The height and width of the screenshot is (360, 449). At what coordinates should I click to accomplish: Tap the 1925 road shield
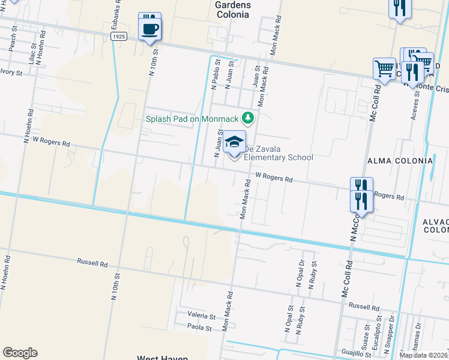click(118, 37)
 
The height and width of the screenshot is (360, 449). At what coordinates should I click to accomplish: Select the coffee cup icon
click(149, 28)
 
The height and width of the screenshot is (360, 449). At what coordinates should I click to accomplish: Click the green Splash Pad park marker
click(246, 118)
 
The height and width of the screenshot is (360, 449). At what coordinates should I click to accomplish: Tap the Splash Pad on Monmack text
click(191, 118)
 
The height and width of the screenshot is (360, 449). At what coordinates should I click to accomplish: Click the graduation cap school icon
click(235, 142)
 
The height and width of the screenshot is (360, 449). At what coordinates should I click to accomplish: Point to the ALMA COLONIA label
click(400, 161)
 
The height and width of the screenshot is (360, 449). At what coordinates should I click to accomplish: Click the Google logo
click(20, 353)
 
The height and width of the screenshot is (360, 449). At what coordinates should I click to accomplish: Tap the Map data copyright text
click(424, 355)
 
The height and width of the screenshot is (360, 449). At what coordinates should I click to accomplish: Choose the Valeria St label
click(201, 316)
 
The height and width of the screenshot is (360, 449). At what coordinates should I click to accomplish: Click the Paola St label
click(199, 328)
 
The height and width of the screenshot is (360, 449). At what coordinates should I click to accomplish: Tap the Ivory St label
click(11, 73)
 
